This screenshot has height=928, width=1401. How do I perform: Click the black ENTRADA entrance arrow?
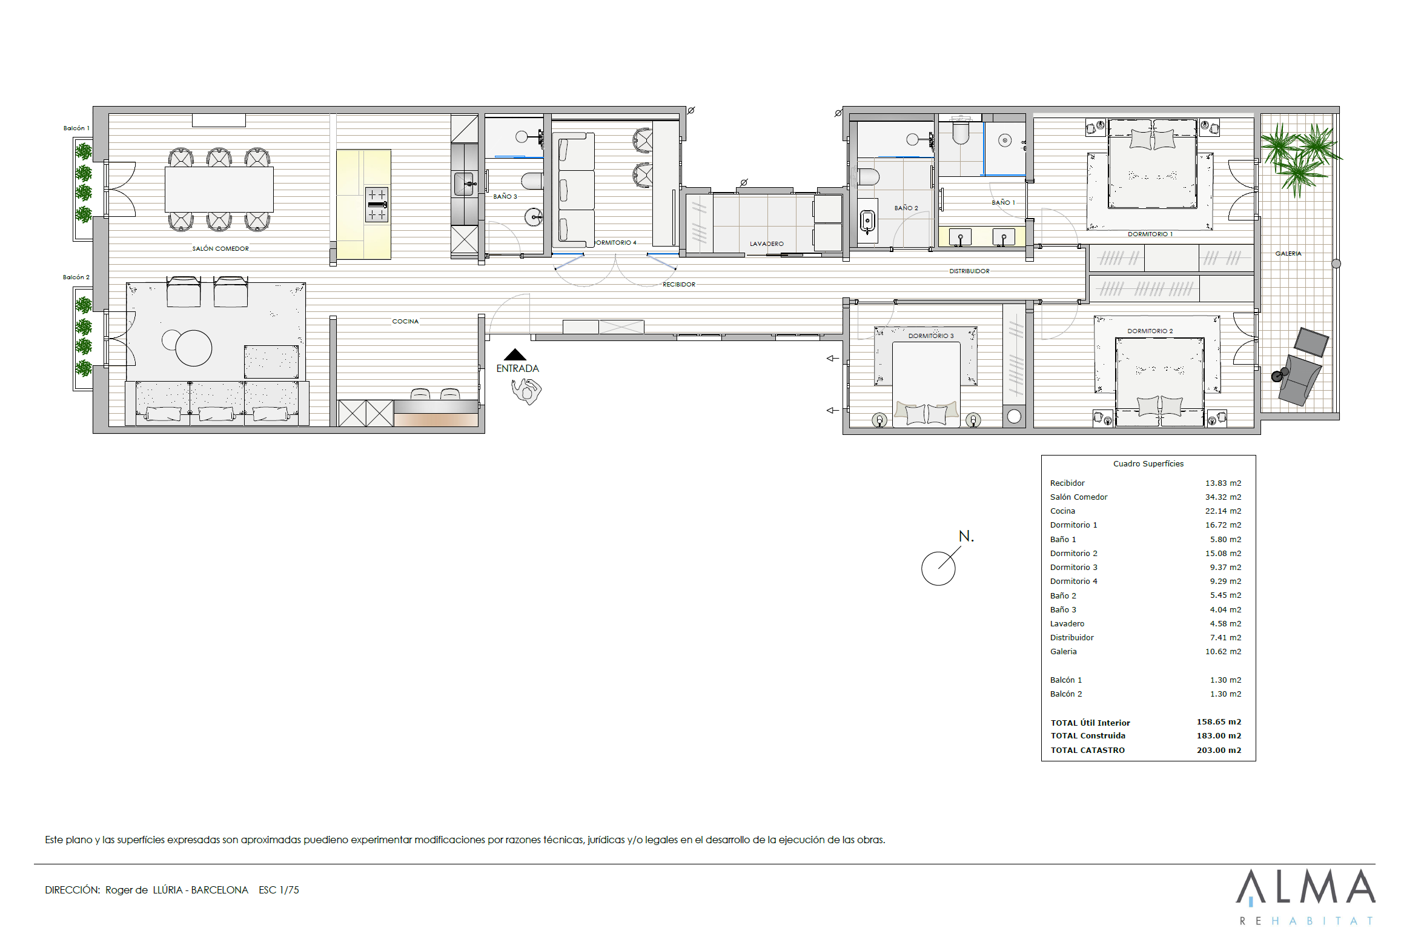[x=515, y=354]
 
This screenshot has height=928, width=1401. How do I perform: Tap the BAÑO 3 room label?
[x=505, y=196]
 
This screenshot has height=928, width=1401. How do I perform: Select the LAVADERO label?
[x=766, y=244]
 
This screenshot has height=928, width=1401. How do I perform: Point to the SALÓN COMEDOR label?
[x=220, y=248]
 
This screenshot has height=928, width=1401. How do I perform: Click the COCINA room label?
[x=405, y=321]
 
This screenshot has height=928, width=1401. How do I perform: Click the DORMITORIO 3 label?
[x=930, y=336]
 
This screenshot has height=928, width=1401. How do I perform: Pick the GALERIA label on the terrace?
[x=1288, y=253]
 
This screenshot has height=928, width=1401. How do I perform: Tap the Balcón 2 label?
[x=76, y=277]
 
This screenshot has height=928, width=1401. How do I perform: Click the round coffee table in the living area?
[x=193, y=348]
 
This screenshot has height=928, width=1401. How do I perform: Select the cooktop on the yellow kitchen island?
[x=377, y=204]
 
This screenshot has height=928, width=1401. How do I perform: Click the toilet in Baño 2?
[x=868, y=177]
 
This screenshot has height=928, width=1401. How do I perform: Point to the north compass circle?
[x=938, y=568]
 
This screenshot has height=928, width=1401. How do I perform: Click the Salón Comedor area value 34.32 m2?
[x=1223, y=497]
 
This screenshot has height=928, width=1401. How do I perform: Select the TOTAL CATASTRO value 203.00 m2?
[x=1219, y=750]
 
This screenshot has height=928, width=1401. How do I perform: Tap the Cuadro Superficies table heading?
[x=1148, y=463]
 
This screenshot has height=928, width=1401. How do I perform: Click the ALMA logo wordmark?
[x=1305, y=886]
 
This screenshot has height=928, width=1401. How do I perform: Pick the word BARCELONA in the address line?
[x=219, y=890]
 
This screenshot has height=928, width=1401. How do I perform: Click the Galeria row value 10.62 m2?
[x=1223, y=651]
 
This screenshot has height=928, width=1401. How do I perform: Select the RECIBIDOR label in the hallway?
[x=678, y=284]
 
